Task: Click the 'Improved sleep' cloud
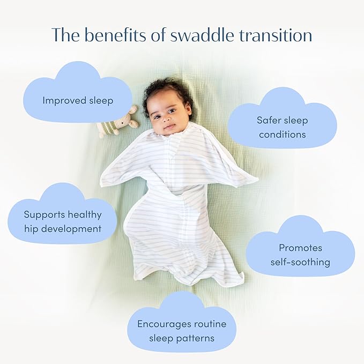click(78, 100)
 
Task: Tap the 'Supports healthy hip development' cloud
click(62, 221)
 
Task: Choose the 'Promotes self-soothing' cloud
click(300, 255)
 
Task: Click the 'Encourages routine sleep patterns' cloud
click(182, 331)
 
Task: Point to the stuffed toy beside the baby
click(116, 124)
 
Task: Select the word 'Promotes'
click(300, 248)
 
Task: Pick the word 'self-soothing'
click(300, 262)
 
